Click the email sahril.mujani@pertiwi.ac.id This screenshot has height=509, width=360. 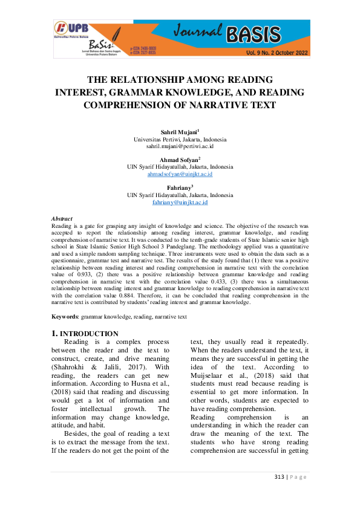pyautogui.click(x=180, y=146)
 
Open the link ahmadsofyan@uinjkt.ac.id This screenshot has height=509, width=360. pyautogui.click(x=180, y=174)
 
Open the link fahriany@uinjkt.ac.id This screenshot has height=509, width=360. pyautogui.click(x=180, y=203)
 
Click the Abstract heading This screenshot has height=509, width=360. pyautogui.click(x=62, y=219)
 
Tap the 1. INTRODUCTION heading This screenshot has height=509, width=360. pyautogui.click(x=85, y=333)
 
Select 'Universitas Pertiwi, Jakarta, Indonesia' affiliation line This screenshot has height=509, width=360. pyautogui.click(x=180, y=139)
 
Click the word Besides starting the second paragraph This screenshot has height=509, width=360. pyautogui.click(x=78, y=433)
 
